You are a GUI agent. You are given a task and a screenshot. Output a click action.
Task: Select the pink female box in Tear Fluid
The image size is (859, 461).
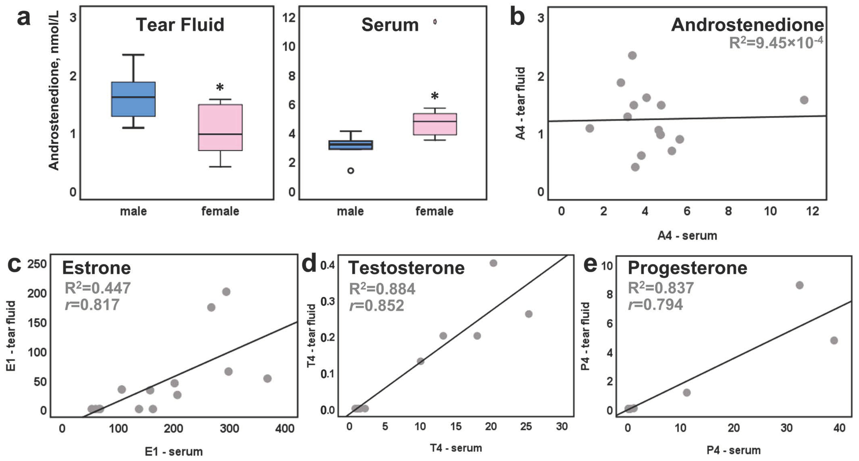point(220,128)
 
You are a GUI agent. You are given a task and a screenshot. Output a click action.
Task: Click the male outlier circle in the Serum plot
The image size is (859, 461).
point(350,171)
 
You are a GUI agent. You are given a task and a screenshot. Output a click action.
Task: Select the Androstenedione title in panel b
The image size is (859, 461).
point(747,25)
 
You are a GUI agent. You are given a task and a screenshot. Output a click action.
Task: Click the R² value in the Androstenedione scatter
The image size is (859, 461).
point(776,43)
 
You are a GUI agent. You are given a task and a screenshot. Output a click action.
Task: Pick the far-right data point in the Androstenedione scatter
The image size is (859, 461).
point(804,100)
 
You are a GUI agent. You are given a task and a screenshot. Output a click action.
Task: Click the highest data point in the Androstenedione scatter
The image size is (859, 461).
point(632,55)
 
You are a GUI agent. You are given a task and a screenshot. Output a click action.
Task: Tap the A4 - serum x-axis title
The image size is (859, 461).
point(687,236)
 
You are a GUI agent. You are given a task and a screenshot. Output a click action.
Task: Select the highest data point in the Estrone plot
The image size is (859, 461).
point(226,292)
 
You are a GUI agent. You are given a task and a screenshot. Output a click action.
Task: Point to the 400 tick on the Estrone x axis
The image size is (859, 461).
point(284,428)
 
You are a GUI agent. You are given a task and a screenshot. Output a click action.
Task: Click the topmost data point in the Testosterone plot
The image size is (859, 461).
point(493,263)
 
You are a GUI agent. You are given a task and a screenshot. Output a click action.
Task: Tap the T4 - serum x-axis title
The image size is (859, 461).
point(456,448)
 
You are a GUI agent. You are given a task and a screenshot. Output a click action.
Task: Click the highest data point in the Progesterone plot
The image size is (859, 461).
point(799,285)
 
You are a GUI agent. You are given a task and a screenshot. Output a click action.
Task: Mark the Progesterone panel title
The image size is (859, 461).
point(687,268)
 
